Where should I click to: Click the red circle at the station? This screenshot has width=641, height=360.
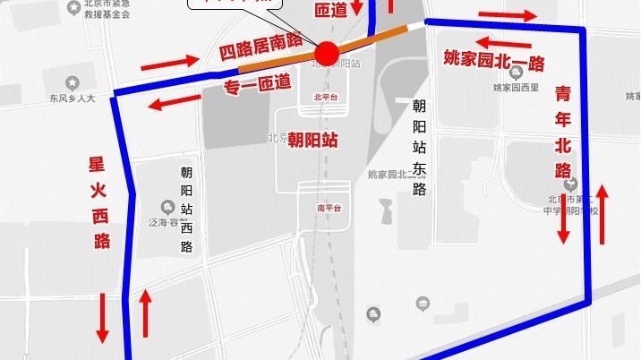point(327,54)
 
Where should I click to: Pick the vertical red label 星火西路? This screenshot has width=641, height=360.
point(99,202)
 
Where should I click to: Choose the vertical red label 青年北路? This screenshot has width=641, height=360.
point(563,133)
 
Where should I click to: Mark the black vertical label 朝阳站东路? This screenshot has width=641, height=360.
point(418,147)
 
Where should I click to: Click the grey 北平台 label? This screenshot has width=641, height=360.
point(322,96)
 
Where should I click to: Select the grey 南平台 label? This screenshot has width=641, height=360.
point(329,208)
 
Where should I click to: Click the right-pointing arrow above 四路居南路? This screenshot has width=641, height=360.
point(169,62)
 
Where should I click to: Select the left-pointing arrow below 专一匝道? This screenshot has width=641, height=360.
point(175,103)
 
